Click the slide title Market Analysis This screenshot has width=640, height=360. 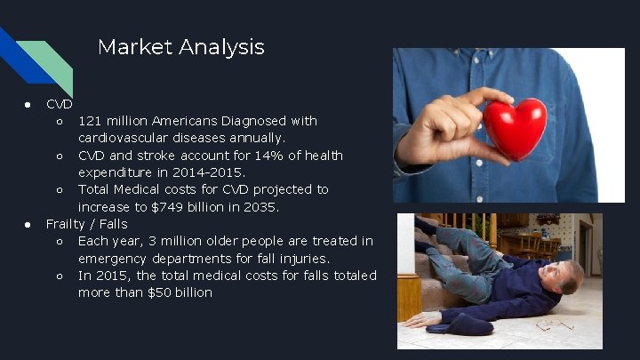(x=180, y=47)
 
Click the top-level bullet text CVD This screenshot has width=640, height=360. (x=59, y=104)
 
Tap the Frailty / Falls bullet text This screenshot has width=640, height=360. (x=86, y=224)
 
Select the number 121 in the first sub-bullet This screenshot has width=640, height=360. (x=90, y=121)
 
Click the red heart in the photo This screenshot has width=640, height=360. (x=514, y=128)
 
